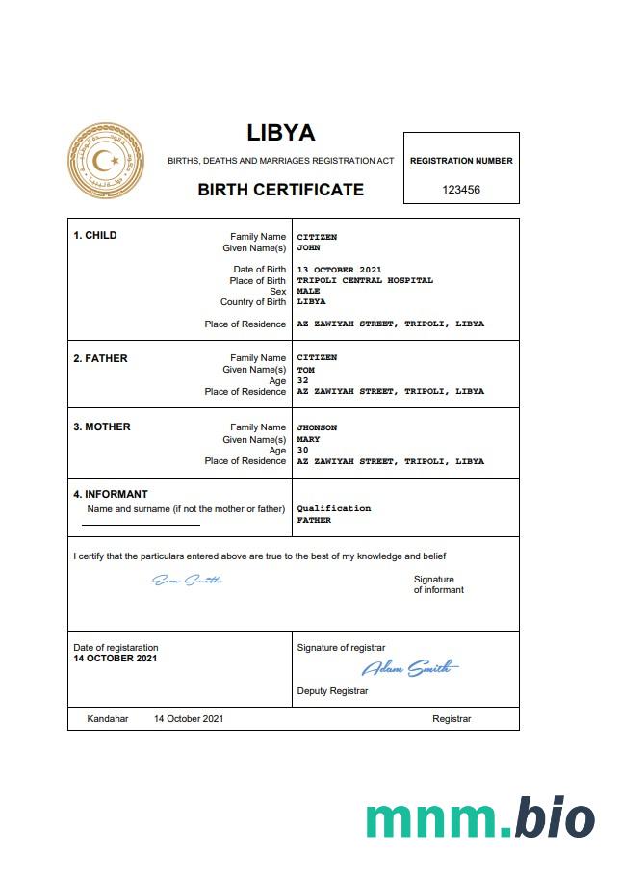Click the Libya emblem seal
tap(106, 161)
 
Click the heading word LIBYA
tap(280, 133)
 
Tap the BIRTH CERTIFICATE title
tap(280, 190)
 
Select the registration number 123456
tap(461, 190)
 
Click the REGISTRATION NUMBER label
tap(461, 161)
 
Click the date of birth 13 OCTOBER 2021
tap(340, 270)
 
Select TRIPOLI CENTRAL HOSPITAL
tap(365, 280)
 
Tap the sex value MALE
tap(308, 291)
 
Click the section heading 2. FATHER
tap(100, 358)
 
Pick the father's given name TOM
tap(305, 370)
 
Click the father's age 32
tap(302, 380)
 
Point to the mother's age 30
tap(302, 450)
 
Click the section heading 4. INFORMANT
tap(111, 494)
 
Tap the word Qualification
tap(333, 508)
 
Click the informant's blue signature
tap(187, 580)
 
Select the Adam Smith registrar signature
tap(409, 668)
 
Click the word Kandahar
tap(108, 719)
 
